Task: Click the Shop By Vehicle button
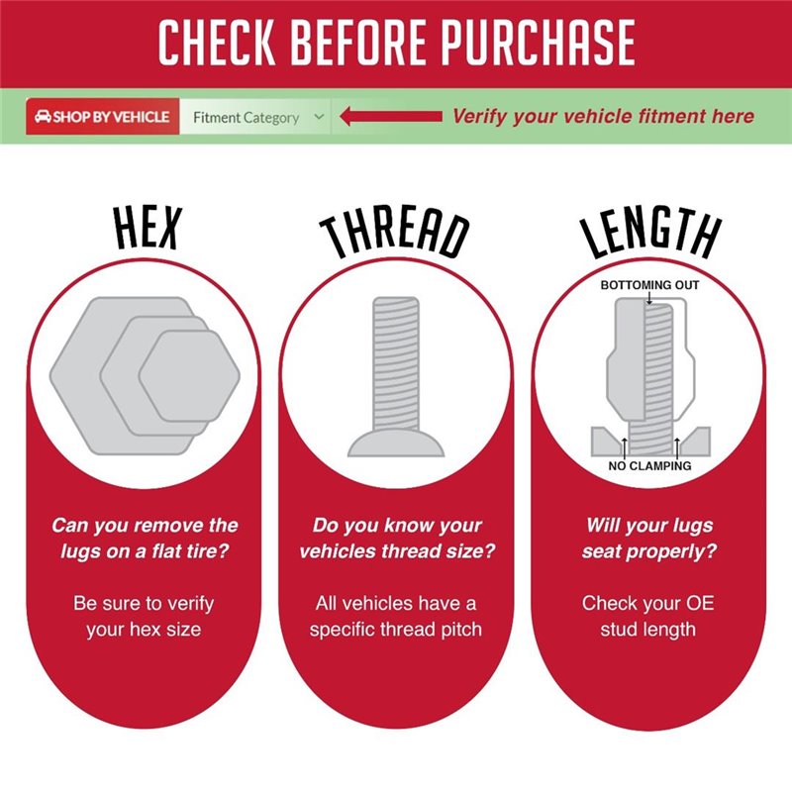coord(103,117)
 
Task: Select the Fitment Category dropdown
coord(255,117)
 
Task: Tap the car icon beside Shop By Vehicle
coord(43,117)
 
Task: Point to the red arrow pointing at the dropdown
coord(391,117)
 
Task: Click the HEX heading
coord(147,229)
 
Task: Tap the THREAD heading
coord(395,233)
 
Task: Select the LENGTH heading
coord(650,233)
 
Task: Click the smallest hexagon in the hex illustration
coord(189,376)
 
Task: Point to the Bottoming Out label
coord(649,285)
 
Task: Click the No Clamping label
coord(649,465)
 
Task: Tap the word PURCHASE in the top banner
coord(539,43)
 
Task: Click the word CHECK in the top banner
coord(217,43)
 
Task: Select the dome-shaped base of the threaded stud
coord(396,443)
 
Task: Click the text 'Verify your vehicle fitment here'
coord(603,116)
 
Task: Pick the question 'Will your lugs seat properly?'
coord(649,538)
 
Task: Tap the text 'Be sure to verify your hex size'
coord(144,616)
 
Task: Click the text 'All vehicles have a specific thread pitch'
coord(396,616)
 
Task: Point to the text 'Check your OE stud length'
coord(648,616)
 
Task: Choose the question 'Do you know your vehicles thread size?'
coord(397,538)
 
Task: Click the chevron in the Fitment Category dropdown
coord(319,117)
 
